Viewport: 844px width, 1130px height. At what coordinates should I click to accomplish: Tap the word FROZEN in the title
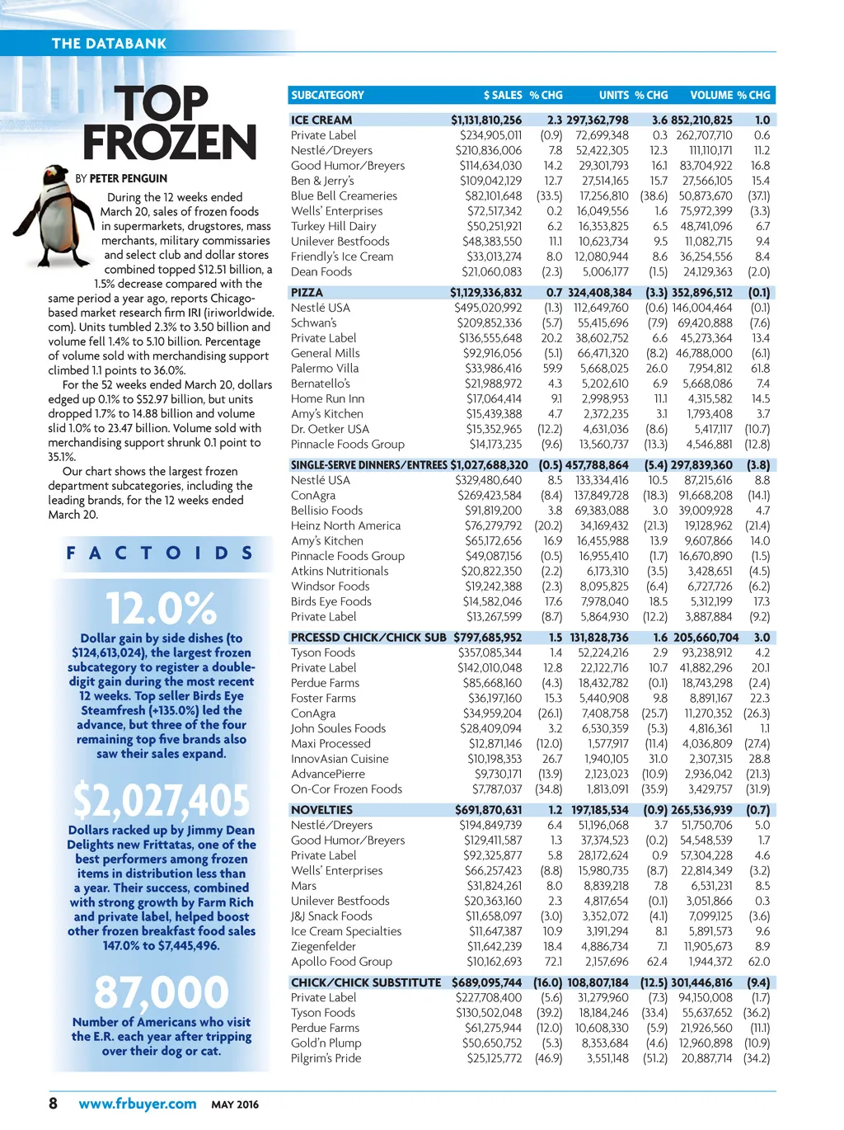(x=169, y=142)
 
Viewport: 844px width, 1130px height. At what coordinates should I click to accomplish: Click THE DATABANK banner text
(x=109, y=44)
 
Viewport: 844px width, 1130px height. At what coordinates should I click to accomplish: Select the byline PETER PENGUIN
(x=128, y=178)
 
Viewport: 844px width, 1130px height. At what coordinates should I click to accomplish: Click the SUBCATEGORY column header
(x=327, y=96)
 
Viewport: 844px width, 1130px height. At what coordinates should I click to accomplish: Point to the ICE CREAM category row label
(x=321, y=120)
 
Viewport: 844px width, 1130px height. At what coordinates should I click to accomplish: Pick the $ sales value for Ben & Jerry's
(x=490, y=181)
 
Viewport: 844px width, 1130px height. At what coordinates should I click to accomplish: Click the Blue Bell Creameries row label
(x=344, y=196)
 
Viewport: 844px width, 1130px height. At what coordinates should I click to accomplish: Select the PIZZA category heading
(x=307, y=293)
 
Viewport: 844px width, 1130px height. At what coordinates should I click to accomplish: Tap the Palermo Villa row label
(x=325, y=369)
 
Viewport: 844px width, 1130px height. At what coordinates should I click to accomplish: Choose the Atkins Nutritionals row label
(x=340, y=571)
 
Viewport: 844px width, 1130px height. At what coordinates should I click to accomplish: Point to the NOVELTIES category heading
(x=321, y=810)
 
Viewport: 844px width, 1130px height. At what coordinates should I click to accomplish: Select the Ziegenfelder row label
(x=324, y=946)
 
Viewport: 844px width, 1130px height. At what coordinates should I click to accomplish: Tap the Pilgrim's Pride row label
(x=326, y=1058)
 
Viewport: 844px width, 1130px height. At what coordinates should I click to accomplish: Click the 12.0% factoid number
(x=162, y=609)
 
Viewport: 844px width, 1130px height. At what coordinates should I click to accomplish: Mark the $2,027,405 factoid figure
(x=162, y=800)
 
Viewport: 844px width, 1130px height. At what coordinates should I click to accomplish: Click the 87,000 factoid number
(x=162, y=992)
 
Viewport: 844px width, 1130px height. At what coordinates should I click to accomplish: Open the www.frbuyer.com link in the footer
(x=138, y=1104)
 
